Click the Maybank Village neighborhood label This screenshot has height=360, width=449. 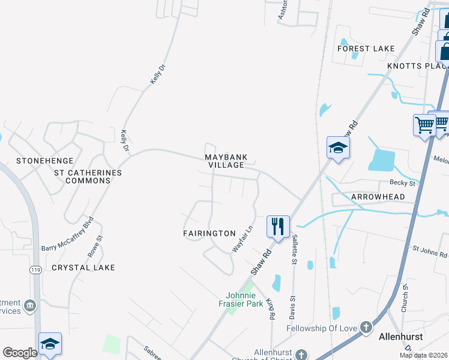[224, 161]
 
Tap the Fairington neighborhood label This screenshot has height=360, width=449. [209, 233]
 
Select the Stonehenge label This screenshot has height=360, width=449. [44, 161]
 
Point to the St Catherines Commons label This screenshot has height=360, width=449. [88, 176]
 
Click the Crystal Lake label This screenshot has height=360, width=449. [83, 267]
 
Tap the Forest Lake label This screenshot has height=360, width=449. [366, 49]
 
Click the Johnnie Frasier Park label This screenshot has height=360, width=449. [245, 299]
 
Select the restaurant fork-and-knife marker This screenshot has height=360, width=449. [278, 227]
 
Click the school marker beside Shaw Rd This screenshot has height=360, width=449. [338, 148]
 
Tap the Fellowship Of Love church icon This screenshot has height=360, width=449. [366, 328]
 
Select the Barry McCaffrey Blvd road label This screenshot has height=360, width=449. [68, 234]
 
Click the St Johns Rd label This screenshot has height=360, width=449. [429, 251]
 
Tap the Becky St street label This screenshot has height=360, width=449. [403, 183]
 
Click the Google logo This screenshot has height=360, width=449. [20, 353]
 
